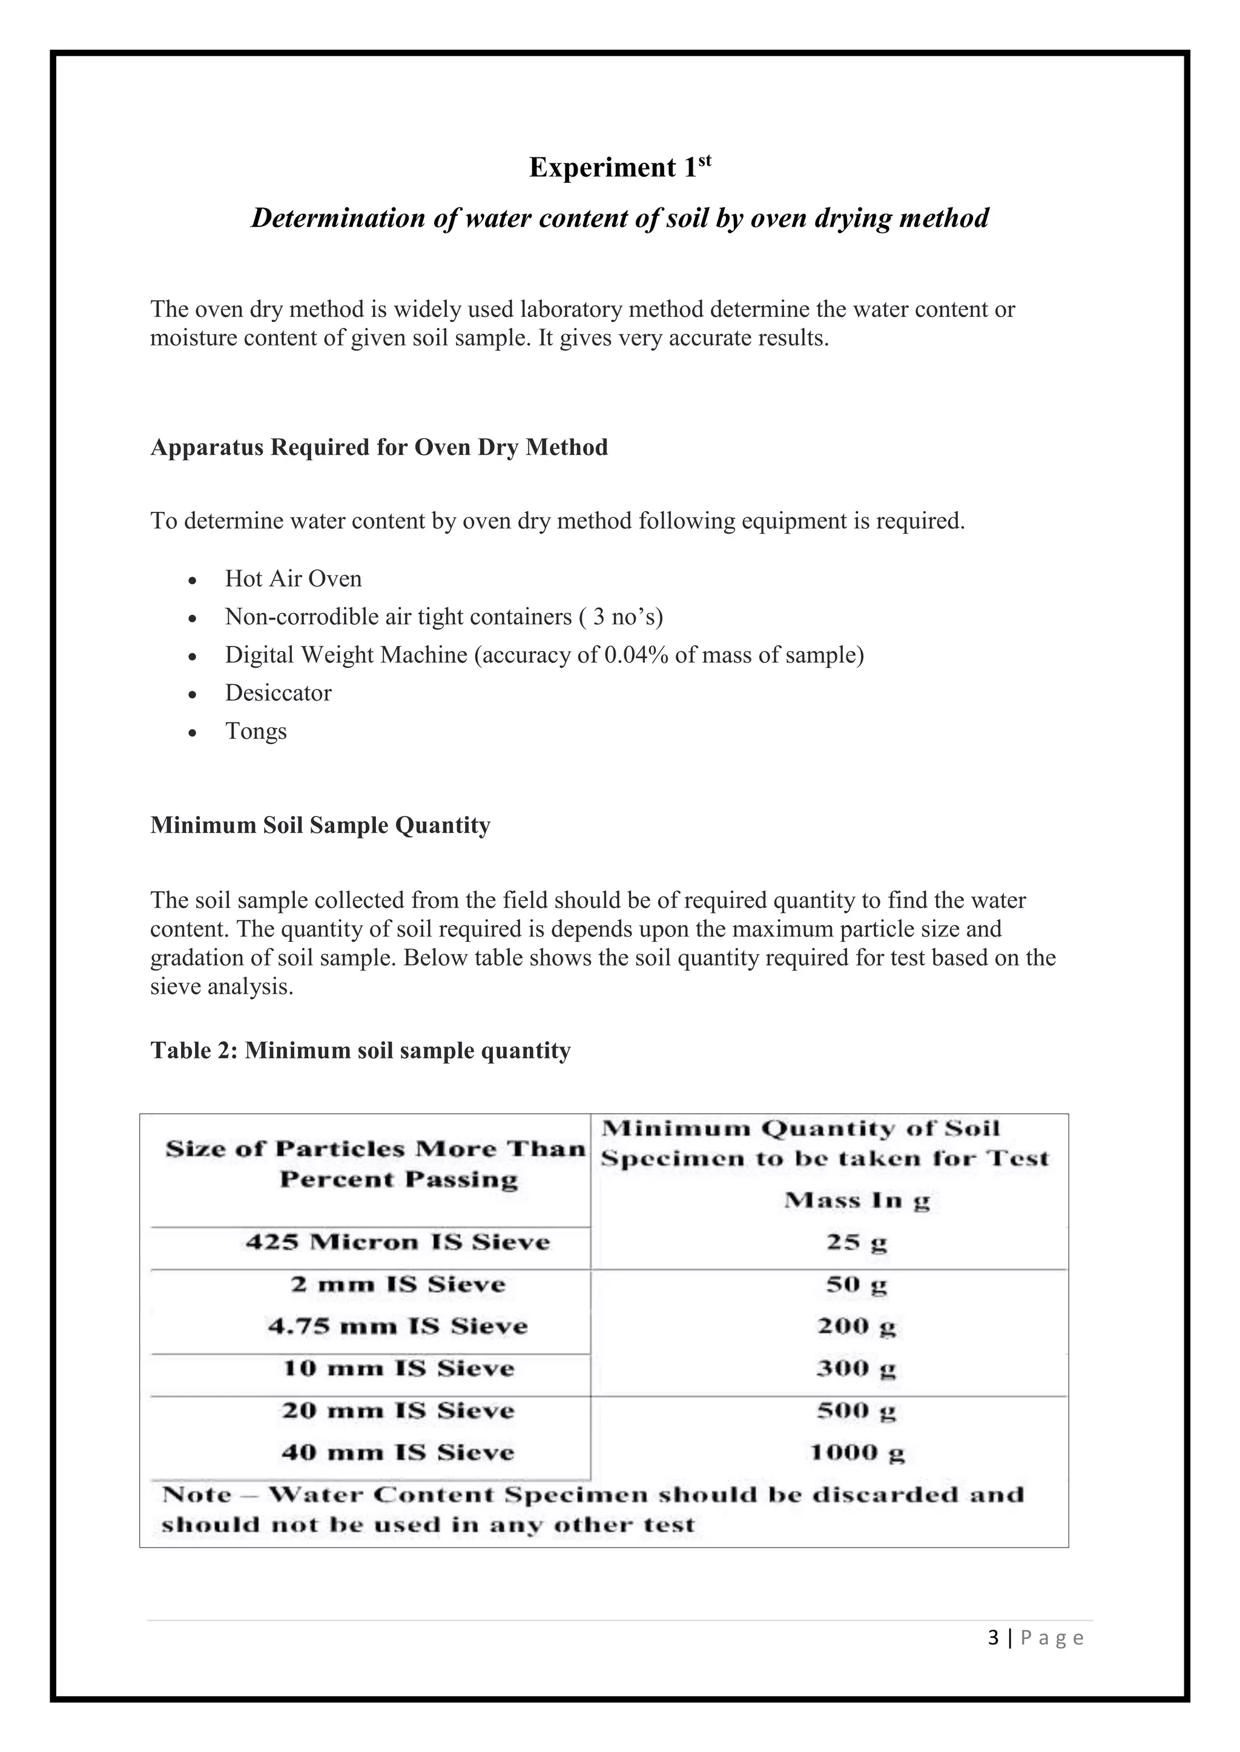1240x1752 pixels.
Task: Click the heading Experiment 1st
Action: click(619, 167)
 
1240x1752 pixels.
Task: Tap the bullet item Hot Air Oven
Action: click(293, 579)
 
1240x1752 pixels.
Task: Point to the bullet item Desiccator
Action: click(278, 693)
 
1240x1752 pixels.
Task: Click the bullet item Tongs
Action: click(256, 731)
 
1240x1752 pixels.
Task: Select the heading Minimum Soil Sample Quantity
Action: click(320, 826)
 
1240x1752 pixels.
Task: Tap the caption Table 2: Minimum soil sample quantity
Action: click(360, 1051)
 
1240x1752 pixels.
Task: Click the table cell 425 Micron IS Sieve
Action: click(397, 1242)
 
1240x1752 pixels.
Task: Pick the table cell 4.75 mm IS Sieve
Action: click(397, 1326)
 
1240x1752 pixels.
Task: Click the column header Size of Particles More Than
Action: click(375, 1148)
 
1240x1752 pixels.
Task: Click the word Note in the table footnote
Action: click(196, 1494)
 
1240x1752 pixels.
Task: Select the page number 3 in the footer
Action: click(992, 1638)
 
